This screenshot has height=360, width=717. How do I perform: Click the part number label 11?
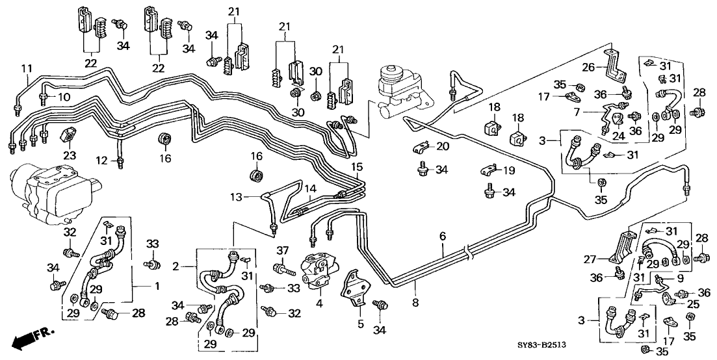tap(25, 68)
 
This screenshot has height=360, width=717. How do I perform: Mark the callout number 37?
tap(281, 251)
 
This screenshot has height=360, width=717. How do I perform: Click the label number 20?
tap(443, 146)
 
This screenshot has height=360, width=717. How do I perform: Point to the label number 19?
tap(500, 170)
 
